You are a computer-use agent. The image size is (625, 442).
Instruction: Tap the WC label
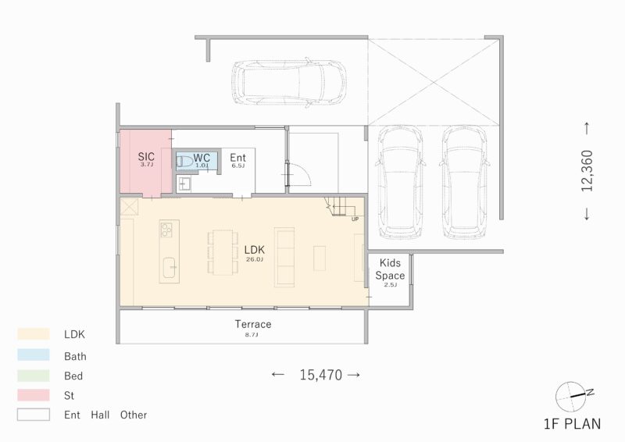tap(202, 157)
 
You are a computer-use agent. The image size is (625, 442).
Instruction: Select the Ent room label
tap(237, 158)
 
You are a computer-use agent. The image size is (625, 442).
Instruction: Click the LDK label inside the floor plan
tap(255, 250)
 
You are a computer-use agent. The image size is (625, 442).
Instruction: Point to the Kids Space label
tap(390, 269)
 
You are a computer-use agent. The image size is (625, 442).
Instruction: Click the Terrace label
tap(253, 324)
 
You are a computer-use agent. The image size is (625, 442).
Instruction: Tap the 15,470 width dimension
tap(320, 375)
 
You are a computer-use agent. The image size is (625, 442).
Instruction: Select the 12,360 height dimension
tap(587, 171)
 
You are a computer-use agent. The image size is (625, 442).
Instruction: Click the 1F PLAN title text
tap(572, 425)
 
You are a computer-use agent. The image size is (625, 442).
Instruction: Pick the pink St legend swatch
tap(34, 396)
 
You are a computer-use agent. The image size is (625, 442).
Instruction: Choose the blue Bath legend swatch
tap(34, 355)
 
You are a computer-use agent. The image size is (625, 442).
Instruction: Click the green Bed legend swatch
tap(34, 376)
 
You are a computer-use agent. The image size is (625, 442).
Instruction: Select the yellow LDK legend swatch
tap(34, 334)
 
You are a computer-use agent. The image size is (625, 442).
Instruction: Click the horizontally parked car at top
tap(288, 83)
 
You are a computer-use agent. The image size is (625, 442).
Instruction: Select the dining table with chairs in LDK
tap(223, 251)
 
